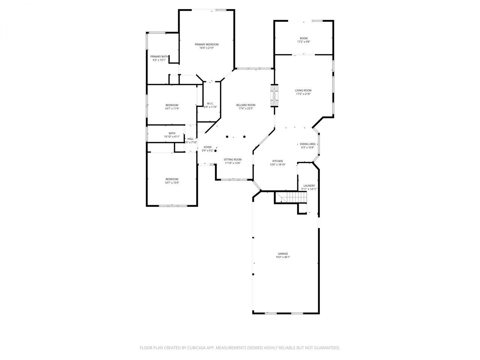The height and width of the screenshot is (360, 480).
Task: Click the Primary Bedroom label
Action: (206, 44)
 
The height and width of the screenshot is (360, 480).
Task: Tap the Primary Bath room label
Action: (159, 57)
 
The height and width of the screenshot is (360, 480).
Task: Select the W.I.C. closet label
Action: (210, 103)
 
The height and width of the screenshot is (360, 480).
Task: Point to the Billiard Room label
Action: (246, 105)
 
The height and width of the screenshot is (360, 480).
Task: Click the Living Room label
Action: (303, 90)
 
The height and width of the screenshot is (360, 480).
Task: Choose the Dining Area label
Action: (307, 144)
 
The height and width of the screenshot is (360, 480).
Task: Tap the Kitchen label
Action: (277, 161)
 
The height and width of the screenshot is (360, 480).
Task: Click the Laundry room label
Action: (309, 186)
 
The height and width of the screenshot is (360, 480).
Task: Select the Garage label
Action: (283, 253)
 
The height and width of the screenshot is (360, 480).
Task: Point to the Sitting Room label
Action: (232, 159)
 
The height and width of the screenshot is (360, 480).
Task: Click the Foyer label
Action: (207, 147)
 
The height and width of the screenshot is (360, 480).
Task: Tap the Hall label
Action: (190, 139)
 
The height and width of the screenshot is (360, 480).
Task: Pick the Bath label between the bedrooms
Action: (172, 133)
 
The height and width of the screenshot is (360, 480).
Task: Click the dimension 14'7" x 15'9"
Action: (172, 183)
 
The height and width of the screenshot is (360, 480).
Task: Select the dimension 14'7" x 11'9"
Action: (172, 108)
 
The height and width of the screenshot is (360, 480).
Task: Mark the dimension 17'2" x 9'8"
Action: (303, 42)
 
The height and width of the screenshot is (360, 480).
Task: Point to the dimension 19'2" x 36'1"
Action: (283, 257)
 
